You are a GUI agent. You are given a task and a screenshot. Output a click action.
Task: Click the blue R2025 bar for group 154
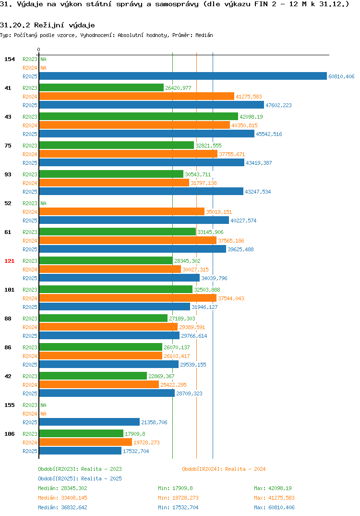183,76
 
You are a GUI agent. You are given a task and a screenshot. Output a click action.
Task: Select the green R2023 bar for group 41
102,87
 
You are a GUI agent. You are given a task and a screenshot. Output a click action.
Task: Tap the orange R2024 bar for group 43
135,125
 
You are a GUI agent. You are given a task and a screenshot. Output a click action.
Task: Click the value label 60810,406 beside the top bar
341,76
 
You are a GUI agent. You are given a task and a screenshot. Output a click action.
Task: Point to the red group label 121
9,261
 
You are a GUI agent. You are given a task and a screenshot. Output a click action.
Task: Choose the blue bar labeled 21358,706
89,422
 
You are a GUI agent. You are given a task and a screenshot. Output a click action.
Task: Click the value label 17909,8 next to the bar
135,434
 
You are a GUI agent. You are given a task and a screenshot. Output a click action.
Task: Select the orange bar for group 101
128,298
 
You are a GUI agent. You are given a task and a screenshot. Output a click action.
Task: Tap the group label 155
9,405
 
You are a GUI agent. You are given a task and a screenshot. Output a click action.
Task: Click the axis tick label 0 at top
38,49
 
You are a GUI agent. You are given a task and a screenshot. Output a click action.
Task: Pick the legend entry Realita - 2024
224,469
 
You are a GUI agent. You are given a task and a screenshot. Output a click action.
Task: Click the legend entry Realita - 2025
80,479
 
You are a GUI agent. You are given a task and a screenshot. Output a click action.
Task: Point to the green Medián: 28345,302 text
62,488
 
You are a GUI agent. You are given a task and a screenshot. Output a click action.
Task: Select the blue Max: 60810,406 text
274,507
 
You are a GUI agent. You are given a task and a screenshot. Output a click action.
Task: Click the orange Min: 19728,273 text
178,498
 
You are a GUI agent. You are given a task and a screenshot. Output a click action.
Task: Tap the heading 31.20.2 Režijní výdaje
48,25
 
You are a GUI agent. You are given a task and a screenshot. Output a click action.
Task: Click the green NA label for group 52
43,203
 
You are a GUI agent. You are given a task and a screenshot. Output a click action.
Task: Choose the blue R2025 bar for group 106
80,451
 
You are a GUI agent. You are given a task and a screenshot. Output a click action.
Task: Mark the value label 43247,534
258,192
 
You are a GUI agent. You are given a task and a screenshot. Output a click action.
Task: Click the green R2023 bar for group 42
93,376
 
